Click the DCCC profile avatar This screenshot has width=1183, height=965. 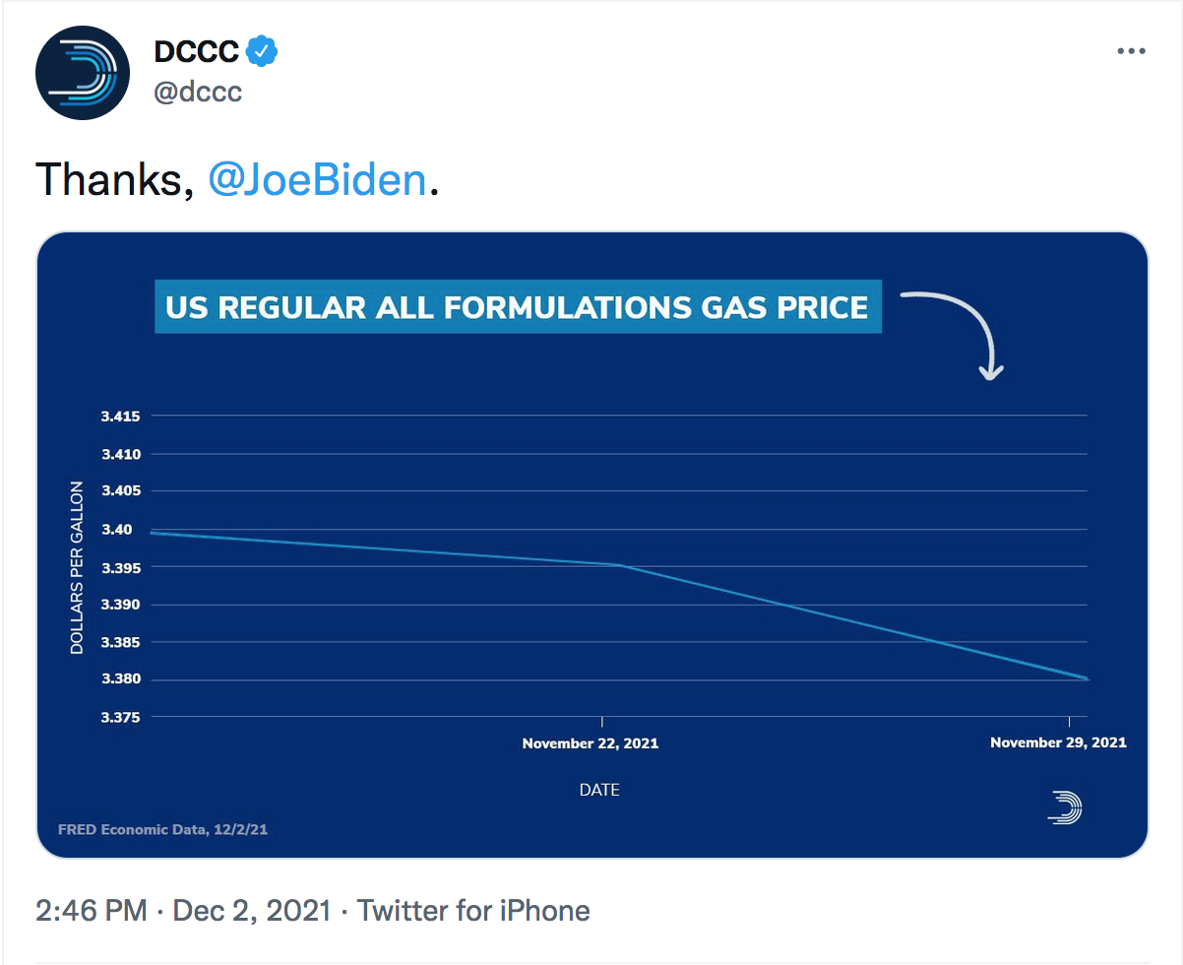point(83,74)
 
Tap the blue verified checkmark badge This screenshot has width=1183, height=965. point(261,51)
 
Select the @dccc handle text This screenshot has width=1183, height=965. point(198,93)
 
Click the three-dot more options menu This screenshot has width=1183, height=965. point(1131,51)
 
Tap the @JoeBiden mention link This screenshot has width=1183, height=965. point(318,181)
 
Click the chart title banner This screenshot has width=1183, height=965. point(518,307)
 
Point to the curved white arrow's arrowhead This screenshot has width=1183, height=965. point(991,371)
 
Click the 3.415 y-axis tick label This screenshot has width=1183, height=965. point(121,417)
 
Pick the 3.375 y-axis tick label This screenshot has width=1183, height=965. point(121,718)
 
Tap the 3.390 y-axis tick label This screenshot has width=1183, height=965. point(121,605)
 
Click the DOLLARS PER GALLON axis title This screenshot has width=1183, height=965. point(77,568)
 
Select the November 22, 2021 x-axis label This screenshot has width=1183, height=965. point(591,743)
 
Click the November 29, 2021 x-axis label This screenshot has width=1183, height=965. point(1058,742)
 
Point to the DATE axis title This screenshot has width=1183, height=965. point(599,790)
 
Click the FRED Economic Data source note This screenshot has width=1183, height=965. point(162,829)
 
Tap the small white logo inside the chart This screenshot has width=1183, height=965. point(1065,807)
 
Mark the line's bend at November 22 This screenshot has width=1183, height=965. point(618,565)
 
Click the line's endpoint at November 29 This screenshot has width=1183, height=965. point(1086,678)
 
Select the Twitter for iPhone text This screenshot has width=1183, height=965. point(473,911)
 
